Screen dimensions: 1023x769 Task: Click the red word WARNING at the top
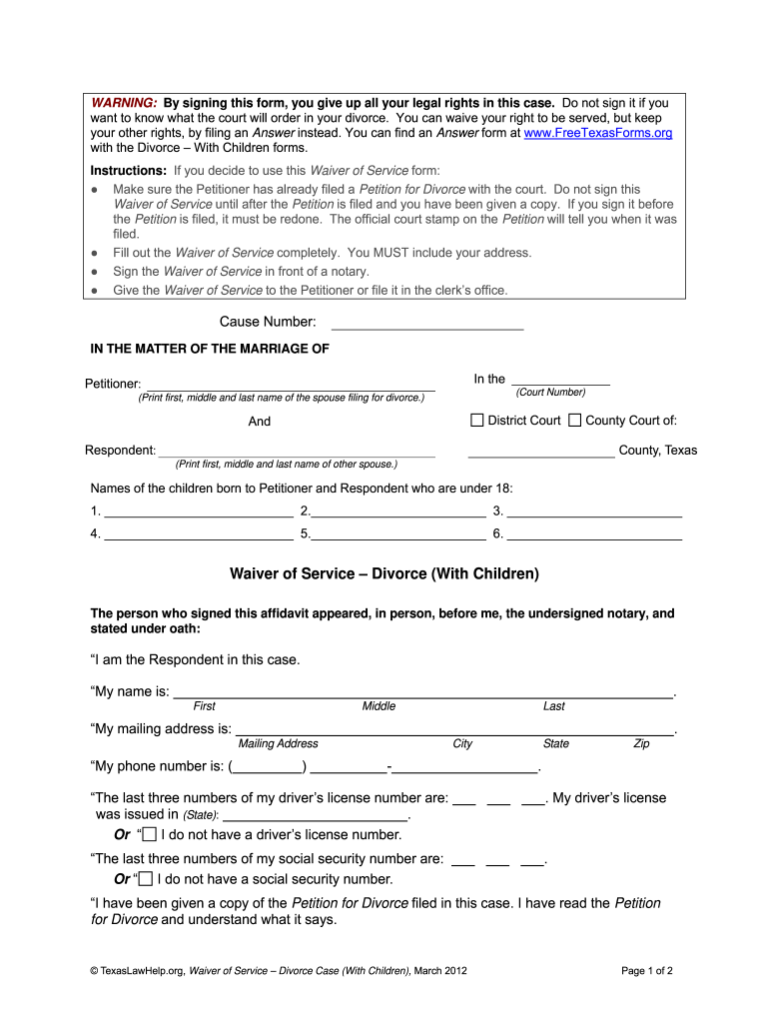[125, 103]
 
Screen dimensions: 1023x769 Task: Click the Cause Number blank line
[426, 324]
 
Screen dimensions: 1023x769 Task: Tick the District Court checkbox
[477, 421]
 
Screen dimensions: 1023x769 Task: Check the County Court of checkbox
[574, 421]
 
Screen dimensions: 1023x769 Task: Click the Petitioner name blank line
[290, 385]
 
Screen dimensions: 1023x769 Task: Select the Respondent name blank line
[297, 452]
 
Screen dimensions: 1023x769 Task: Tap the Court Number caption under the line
[550, 393]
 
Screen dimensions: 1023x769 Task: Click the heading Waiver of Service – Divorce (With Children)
[384, 574]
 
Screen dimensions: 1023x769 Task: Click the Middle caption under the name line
[379, 706]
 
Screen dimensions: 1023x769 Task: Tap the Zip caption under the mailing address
[641, 743]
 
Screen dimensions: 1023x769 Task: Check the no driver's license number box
[149, 834]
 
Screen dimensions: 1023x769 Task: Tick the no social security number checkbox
[146, 879]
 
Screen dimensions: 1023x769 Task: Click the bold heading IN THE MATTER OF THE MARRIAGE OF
[210, 349]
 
